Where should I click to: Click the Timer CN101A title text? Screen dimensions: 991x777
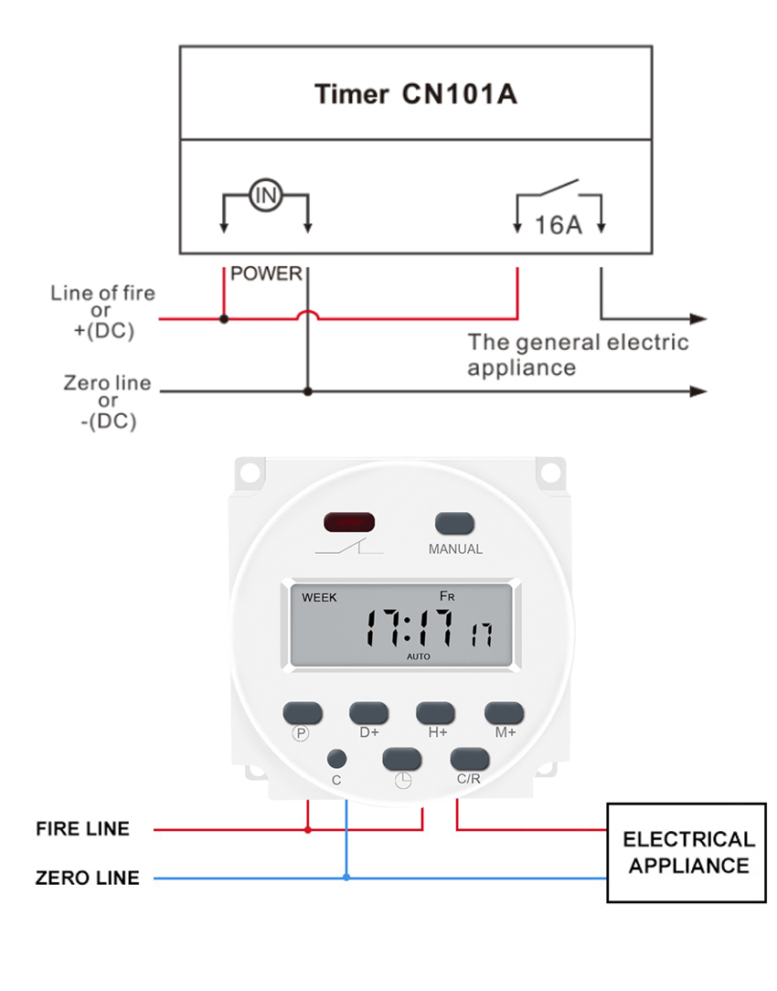[x=415, y=94]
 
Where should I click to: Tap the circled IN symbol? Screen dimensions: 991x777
[x=265, y=195]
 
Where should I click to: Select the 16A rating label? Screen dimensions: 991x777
[x=558, y=224]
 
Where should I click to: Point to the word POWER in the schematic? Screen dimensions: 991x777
[x=266, y=274]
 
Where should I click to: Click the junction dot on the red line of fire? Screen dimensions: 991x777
[x=224, y=319]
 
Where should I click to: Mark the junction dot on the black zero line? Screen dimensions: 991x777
[x=308, y=391]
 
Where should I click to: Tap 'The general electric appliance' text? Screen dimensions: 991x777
[x=578, y=355]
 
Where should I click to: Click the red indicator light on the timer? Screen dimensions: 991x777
[x=349, y=523]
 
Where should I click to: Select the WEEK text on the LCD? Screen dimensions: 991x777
[x=319, y=598]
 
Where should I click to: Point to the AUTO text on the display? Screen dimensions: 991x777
[x=419, y=656]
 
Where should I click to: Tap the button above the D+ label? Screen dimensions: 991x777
[x=369, y=712]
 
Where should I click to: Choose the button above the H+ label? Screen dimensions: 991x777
[x=436, y=712]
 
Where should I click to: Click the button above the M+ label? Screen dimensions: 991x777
[x=504, y=712]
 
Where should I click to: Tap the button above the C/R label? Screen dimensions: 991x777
[x=469, y=758]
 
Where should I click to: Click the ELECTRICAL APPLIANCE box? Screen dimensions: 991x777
[x=687, y=852]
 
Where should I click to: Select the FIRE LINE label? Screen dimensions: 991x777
[x=83, y=829]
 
